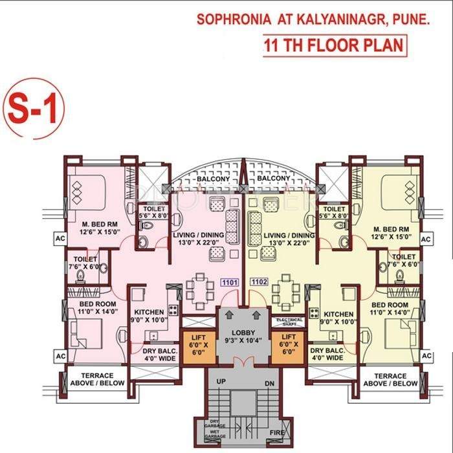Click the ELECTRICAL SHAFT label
(x=289, y=321)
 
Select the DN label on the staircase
(x=269, y=383)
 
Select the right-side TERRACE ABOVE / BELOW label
(x=390, y=379)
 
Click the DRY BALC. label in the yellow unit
(x=327, y=353)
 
